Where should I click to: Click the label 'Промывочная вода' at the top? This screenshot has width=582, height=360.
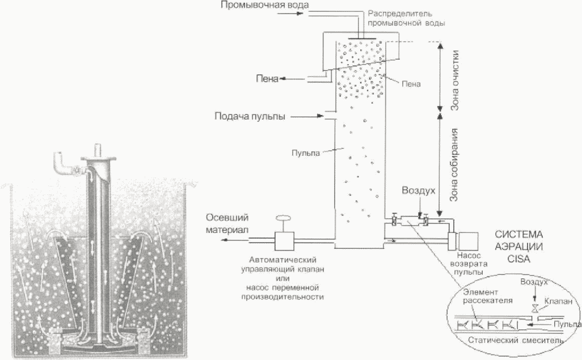coord(264,5)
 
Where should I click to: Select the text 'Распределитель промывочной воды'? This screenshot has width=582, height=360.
coord(406,18)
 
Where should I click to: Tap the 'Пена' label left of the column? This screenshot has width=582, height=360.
coord(267,79)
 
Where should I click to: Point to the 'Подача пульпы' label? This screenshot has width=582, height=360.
coord(250,116)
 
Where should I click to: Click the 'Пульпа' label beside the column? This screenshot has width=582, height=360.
coord(306,153)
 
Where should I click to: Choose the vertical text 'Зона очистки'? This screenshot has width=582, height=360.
coord(455,81)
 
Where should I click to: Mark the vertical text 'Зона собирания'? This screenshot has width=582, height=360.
coord(454,165)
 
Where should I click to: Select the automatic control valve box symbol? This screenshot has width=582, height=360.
coord(284,241)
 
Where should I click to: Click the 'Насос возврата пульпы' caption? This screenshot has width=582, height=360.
coord(469,264)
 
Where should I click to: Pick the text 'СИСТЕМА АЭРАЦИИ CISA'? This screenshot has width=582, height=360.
coord(519,247)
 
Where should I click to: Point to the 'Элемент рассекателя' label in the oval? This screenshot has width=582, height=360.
coord(488,296)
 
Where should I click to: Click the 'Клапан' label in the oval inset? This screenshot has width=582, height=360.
coord(558,302)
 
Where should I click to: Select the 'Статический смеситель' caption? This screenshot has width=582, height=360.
coord(516,340)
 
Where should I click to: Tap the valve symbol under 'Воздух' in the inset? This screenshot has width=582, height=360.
coord(534,308)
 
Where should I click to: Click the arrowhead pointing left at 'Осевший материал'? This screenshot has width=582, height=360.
coord(224,240)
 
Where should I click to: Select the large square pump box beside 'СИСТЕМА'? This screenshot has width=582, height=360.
coord(469,242)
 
